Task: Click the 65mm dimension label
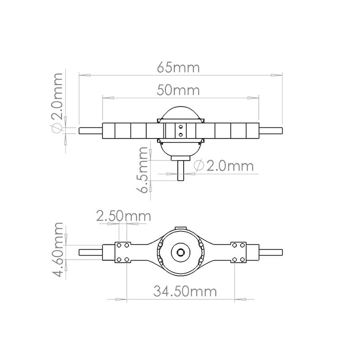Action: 178,67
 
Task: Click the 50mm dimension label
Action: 178,90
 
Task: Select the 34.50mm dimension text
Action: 185,291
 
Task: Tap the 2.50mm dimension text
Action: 123,216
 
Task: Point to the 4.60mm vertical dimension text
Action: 57,250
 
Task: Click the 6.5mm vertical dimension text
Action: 141,170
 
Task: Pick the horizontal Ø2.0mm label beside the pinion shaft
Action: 224,166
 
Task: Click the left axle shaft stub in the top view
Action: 91,130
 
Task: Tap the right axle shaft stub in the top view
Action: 271,130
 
